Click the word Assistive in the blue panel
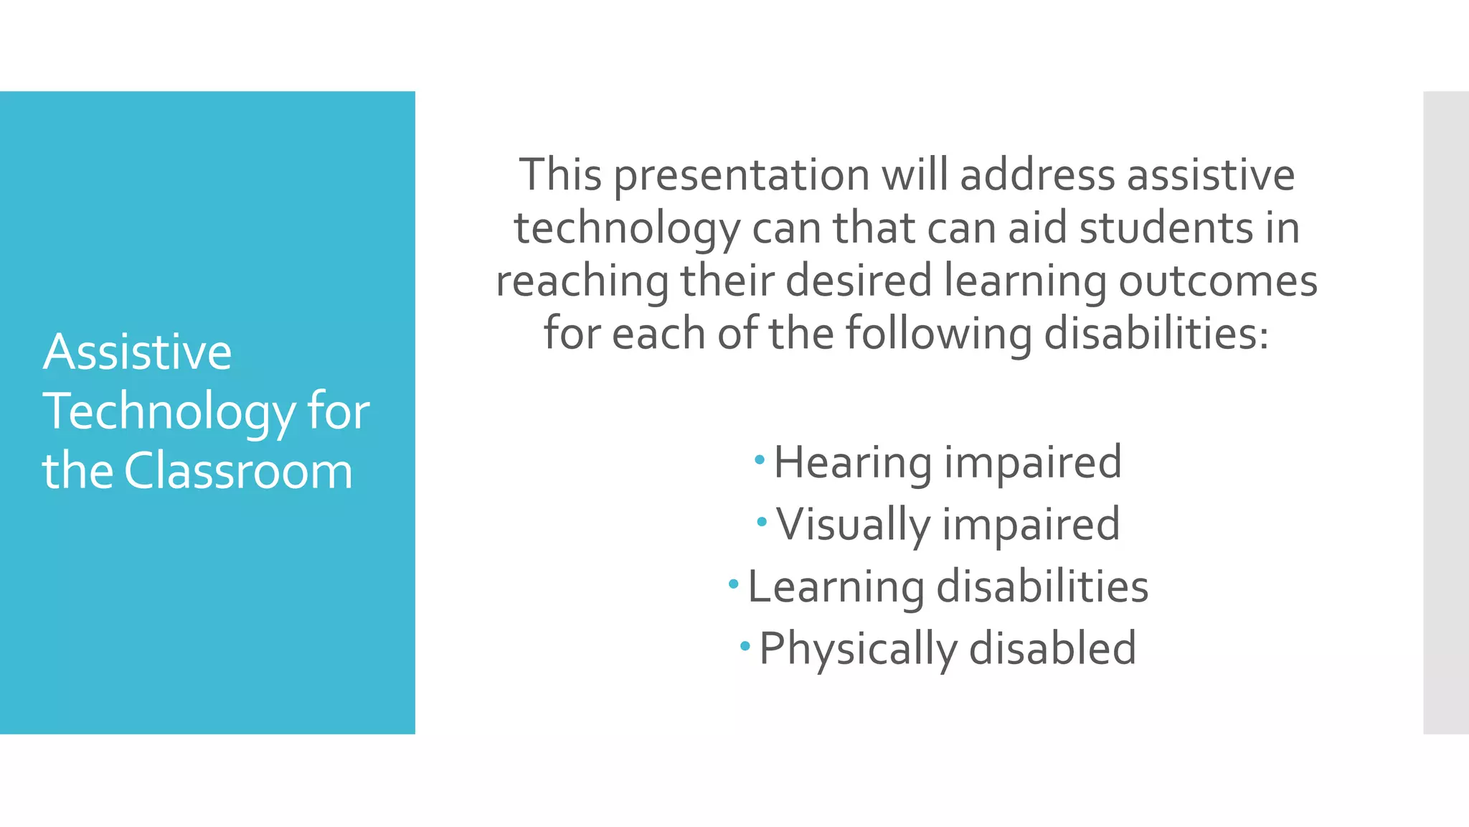pyautogui.click(x=137, y=352)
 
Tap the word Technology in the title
pyautogui.click(x=169, y=411)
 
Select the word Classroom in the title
pyautogui.click(x=238, y=471)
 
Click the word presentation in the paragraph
pyautogui.click(x=742, y=175)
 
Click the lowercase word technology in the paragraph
pyautogui.click(x=627, y=228)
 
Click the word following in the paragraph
pyautogui.click(x=938, y=334)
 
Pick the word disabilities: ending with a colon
pyautogui.click(x=1156, y=334)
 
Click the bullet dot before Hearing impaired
pyautogui.click(x=760, y=459)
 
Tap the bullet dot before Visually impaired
pyautogui.click(x=762, y=520)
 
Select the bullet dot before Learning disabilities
pyautogui.click(x=733, y=584)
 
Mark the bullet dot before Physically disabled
pyautogui.click(x=745, y=645)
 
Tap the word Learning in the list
pyautogui.click(x=836, y=587)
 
